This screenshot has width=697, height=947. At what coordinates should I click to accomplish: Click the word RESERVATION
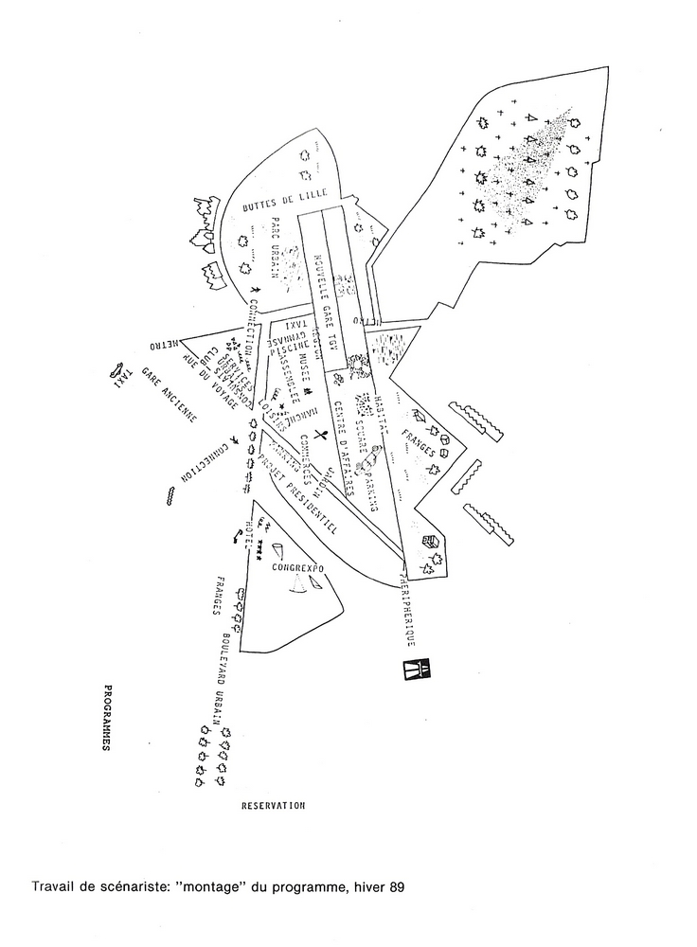(273, 805)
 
